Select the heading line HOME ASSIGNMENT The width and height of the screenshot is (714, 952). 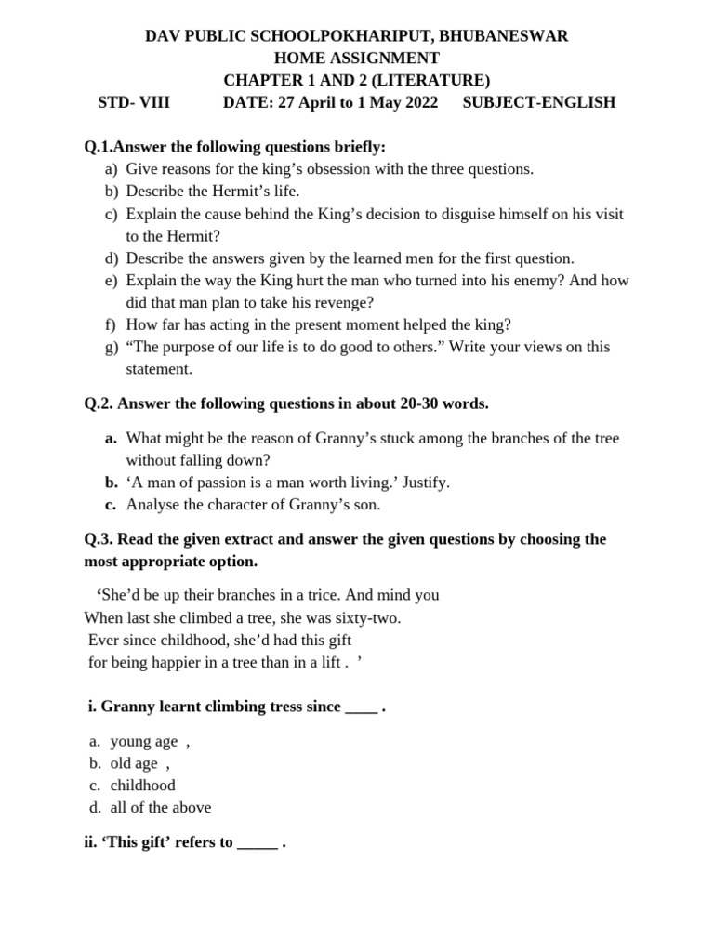coord(356,59)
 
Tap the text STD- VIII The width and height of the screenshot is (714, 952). coord(134,102)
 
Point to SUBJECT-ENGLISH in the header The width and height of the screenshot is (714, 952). coord(538,102)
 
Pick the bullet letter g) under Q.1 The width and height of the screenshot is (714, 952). coord(112,347)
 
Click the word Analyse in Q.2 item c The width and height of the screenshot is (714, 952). coord(153,505)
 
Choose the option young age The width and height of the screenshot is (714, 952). coord(143,741)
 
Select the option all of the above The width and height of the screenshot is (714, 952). coord(160,807)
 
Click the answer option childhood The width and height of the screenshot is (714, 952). coord(142,785)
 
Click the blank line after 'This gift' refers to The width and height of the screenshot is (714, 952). coord(258,843)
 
